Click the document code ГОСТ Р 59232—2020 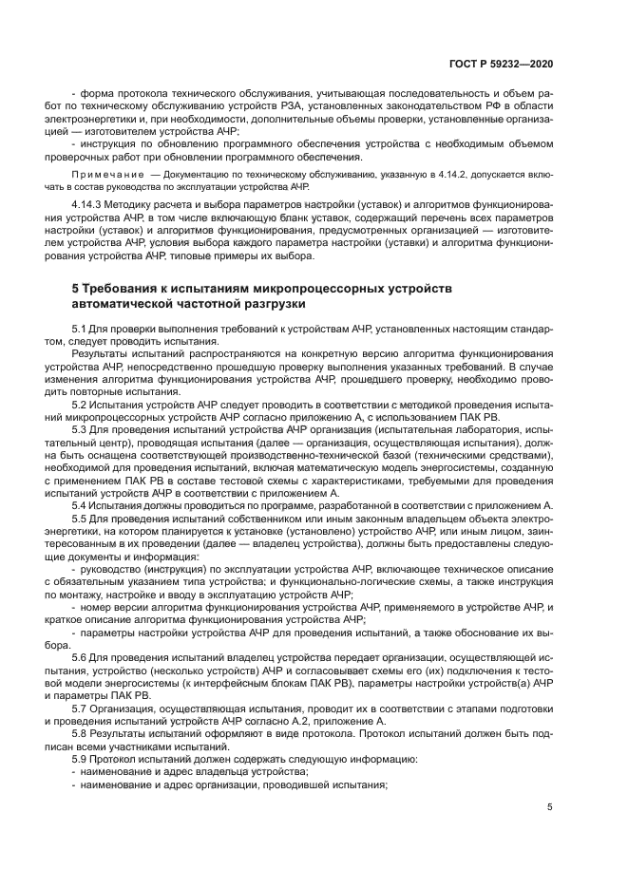pyautogui.click(x=500, y=63)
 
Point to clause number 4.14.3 pyautogui.click(x=88, y=206)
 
